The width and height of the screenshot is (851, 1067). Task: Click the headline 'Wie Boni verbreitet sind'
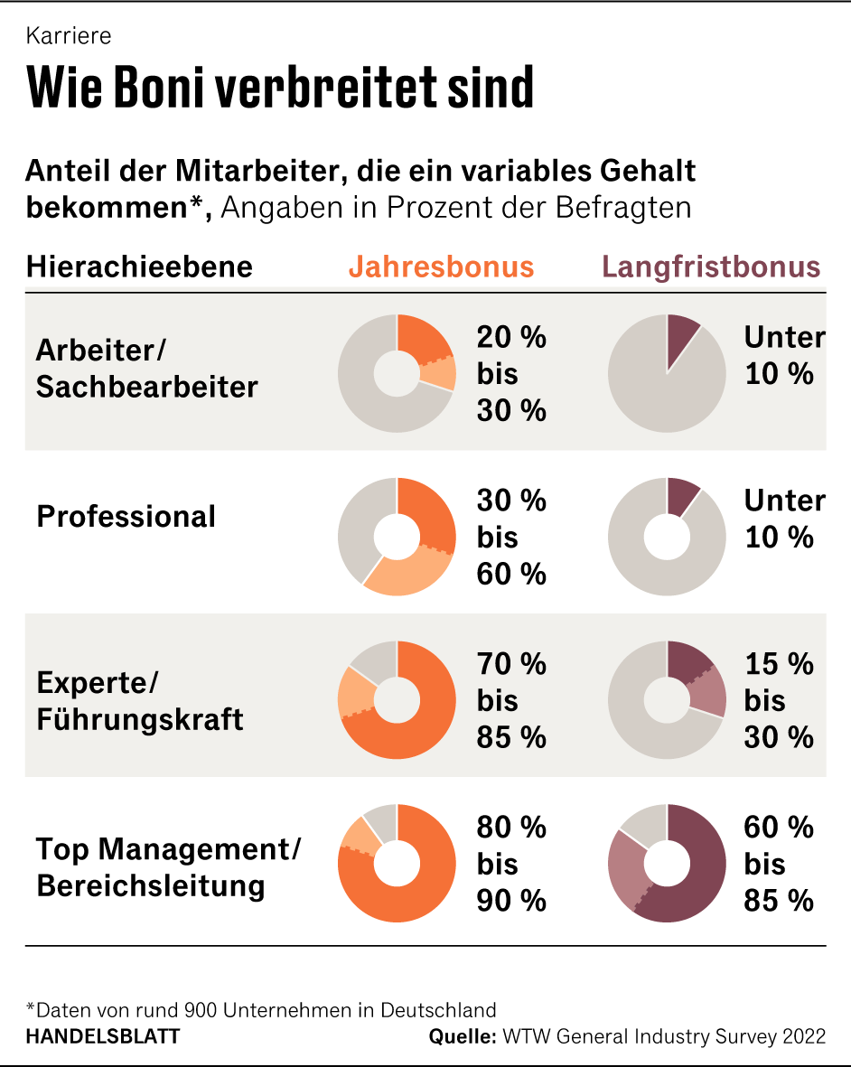[280, 87]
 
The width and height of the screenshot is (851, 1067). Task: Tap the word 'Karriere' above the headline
[69, 36]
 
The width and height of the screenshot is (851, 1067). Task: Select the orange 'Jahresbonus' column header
[441, 267]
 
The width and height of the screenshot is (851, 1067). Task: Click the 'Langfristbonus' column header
[711, 267]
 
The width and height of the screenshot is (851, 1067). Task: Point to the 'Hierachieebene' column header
[139, 267]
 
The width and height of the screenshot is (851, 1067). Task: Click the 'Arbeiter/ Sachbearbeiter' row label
[146, 369]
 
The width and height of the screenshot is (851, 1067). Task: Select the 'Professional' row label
[126, 517]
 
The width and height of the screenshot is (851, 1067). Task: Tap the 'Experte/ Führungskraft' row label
[139, 701]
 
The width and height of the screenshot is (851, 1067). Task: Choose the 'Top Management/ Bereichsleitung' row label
[168, 866]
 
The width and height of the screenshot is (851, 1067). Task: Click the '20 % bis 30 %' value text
[511, 374]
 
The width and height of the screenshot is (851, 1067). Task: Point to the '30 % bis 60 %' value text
[511, 537]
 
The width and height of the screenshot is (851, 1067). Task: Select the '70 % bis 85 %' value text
[511, 700]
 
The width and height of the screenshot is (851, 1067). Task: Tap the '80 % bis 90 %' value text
[511, 864]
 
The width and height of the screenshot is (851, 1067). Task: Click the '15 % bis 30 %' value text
[779, 700]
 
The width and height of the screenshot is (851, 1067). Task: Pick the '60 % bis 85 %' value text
[779, 864]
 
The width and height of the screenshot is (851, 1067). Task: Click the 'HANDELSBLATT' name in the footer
[102, 1036]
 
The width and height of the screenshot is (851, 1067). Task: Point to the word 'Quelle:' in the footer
[462, 1036]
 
